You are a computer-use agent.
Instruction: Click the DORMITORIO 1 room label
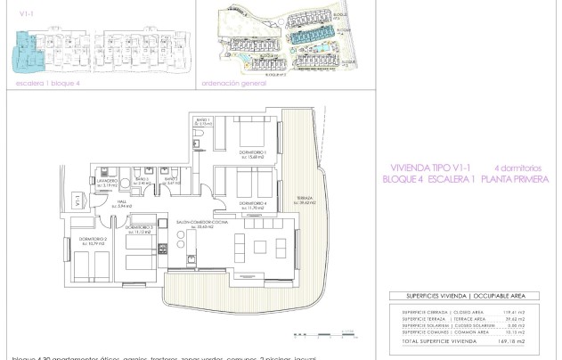pos(255,153)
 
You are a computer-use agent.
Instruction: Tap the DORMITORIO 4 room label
pos(252,204)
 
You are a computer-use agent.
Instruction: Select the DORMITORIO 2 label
pos(94,240)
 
